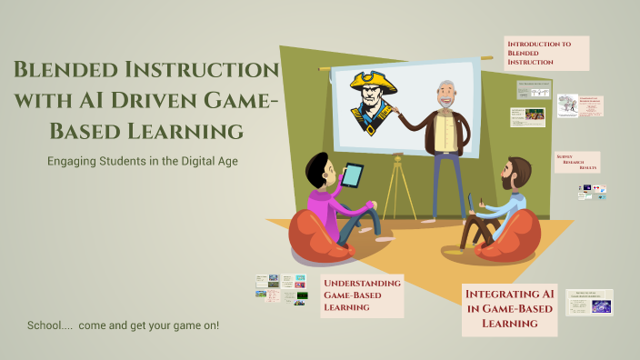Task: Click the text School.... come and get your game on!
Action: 123,325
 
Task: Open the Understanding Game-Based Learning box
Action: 362,295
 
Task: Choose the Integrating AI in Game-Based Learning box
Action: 509,308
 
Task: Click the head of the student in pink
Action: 318,170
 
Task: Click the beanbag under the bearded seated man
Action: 505,236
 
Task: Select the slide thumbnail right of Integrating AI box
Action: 589,303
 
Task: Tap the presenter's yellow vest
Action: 445,132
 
